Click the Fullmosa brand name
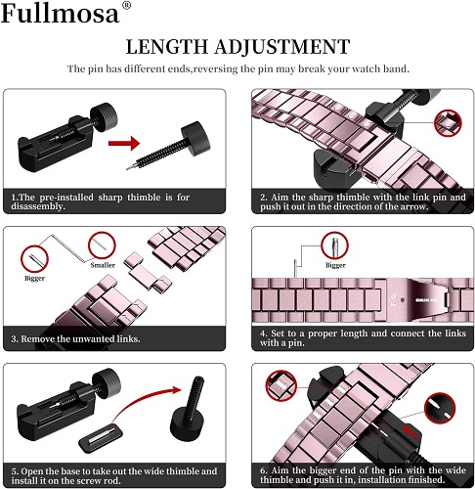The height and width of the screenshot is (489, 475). [61, 15]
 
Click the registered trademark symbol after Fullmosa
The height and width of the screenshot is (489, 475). [125, 9]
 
